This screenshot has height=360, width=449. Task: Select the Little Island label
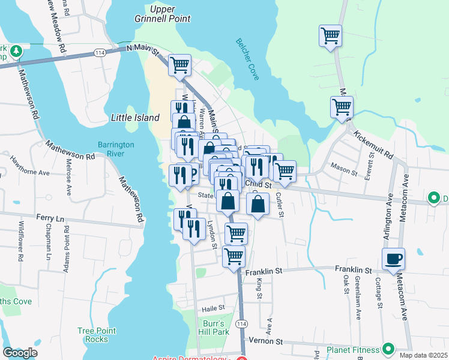135,118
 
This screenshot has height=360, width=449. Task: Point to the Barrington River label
116,149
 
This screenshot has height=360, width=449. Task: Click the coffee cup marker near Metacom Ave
393,259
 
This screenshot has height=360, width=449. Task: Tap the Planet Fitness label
352,349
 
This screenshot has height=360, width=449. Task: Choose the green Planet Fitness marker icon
388,349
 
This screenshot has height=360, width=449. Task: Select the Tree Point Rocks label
92,335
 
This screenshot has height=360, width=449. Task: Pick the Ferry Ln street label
50,218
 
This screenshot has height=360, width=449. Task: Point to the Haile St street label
212,308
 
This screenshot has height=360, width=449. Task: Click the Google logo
20,353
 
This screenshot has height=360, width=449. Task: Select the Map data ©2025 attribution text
423,355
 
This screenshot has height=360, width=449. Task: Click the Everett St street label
371,165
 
